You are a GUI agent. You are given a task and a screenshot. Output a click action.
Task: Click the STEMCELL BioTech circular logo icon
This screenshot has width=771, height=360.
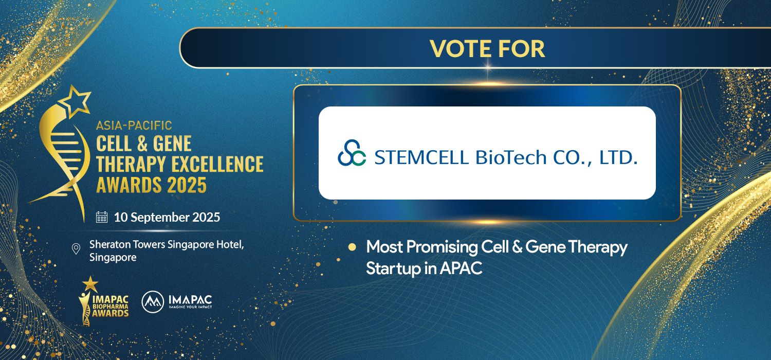pos(352,153)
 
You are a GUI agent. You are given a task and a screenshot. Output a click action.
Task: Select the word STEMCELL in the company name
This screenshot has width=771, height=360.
pos(421,157)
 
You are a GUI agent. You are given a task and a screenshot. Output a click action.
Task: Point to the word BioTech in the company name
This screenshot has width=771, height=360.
pos(511,157)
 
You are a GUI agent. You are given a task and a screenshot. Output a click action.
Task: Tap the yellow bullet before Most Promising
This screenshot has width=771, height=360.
pos(352,247)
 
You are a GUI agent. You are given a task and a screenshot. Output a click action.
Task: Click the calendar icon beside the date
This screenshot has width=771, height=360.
pos(102,217)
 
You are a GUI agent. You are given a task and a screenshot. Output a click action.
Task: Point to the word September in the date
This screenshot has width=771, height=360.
pos(160,218)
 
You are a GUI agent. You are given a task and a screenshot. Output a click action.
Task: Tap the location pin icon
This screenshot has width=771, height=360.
pos(76,249)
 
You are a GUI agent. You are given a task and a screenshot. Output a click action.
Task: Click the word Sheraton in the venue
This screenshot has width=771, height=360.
pos(110,244)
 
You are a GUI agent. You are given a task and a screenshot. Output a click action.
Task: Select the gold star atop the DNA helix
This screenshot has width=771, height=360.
pos(75,102)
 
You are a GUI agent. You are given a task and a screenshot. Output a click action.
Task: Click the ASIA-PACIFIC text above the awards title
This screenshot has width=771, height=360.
pos(134,125)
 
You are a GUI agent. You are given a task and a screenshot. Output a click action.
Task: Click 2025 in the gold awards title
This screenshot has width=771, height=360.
pos(187,185)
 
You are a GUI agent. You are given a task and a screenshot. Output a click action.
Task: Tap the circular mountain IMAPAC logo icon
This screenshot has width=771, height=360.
pos(153,302)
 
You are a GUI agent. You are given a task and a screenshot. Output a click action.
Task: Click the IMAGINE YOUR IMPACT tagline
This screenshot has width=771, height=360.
pos(190,307)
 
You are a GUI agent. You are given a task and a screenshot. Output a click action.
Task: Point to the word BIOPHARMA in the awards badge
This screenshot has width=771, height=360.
pos(110,307)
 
